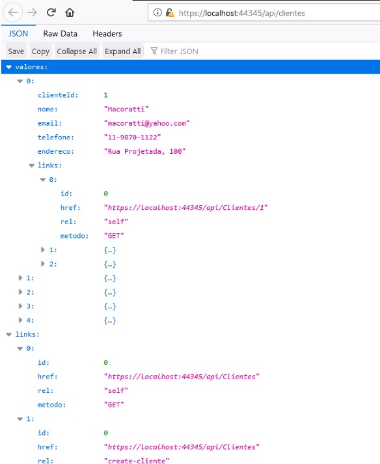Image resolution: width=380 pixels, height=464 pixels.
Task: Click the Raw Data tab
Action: coord(61,34)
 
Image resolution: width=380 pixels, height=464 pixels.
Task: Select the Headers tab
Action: coord(107,34)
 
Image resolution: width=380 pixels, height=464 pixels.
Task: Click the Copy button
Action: coord(40,51)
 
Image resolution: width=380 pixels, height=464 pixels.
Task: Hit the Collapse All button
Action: coord(77,51)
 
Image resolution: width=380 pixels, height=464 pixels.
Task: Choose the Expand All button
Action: coord(122,51)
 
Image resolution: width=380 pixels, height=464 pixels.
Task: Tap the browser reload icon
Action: coord(51,12)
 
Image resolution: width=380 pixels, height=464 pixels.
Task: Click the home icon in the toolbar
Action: coord(70,12)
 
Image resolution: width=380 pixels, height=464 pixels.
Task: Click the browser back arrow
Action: coord(13,12)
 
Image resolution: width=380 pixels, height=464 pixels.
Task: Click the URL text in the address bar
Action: coord(241,13)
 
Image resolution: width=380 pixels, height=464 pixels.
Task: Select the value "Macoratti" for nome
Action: coord(126,109)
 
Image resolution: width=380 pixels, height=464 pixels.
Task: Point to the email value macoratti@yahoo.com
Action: coord(146,123)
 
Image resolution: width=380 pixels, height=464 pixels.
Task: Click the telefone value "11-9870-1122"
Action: coord(132,138)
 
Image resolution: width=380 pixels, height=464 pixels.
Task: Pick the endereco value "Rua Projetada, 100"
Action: coord(144,151)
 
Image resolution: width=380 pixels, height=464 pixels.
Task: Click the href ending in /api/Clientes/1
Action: coord(185,208)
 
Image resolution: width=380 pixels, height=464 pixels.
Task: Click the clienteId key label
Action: coord(58,95)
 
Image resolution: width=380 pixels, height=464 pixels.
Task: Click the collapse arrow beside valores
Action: coord(9,67)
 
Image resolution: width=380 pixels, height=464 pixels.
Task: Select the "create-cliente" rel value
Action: coord(136,461)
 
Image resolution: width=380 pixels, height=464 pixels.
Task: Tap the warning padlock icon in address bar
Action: coord(170,13)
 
